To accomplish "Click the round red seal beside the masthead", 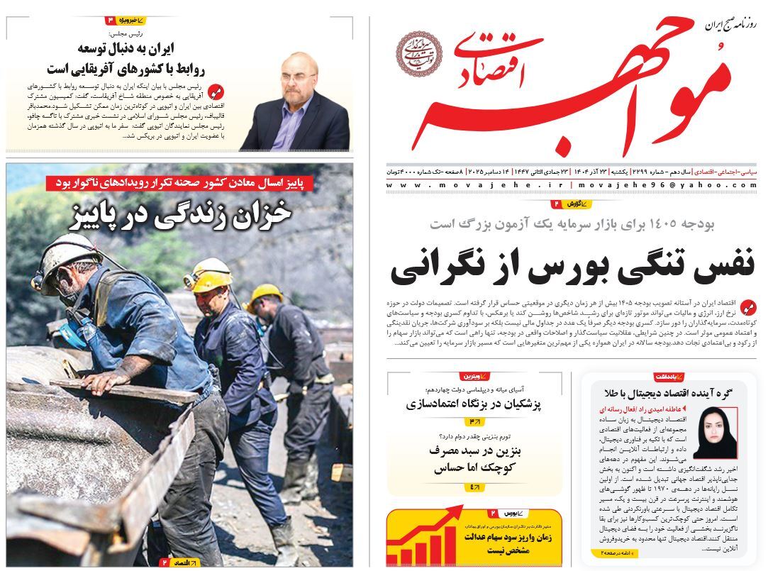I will tap(419, 53).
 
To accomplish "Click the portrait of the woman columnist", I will tap(714, 435).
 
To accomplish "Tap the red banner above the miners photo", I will tap(200, 182).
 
